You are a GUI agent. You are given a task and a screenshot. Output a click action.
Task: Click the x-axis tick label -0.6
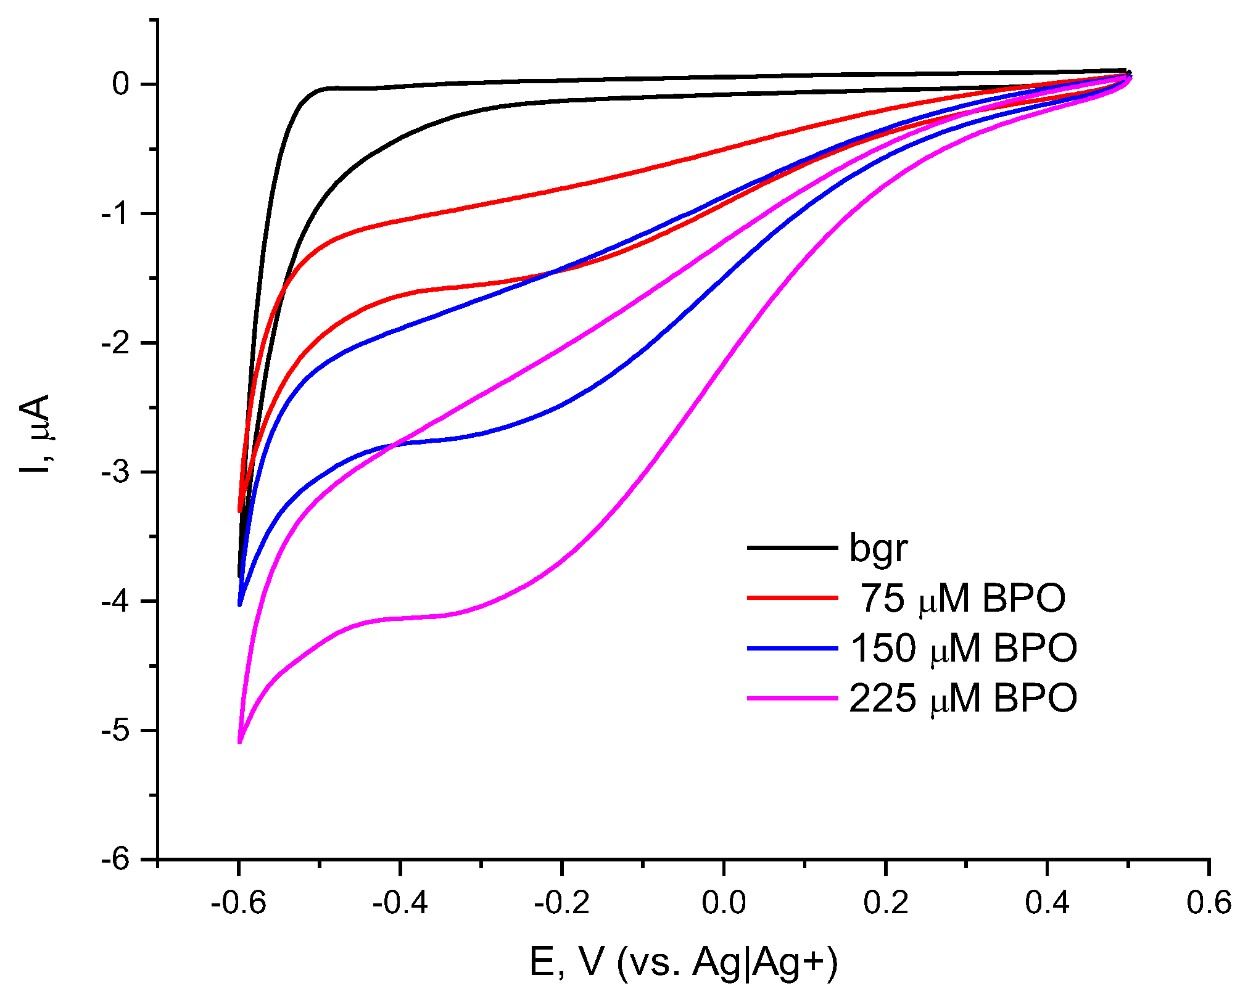point(238,903)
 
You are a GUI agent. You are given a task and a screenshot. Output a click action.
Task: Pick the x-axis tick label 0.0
point(724,903)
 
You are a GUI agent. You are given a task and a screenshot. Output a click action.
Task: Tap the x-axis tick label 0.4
point(1047,903)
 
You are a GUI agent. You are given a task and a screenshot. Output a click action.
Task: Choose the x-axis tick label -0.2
point(561,903)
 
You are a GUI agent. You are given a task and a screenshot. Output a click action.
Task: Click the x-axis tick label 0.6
point(1209,903)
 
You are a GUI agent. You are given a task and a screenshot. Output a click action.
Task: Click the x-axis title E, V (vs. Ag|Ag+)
point(684,962)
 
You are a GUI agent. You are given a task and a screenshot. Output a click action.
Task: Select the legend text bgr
point(878,548)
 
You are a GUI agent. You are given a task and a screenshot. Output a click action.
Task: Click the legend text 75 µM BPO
point(962,598)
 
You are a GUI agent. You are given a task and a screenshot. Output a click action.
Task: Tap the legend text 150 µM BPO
point(963,648)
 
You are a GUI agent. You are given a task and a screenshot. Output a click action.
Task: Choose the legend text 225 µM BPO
point(963,699)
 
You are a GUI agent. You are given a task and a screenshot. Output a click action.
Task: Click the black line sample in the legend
point(792,548)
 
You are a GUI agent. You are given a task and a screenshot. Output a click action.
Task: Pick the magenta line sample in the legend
point(792,699)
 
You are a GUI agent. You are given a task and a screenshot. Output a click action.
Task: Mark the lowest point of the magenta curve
point(239,742)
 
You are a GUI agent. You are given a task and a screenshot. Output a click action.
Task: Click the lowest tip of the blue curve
point(239,604)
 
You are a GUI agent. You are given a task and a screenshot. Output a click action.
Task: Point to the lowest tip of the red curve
point(239,511)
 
